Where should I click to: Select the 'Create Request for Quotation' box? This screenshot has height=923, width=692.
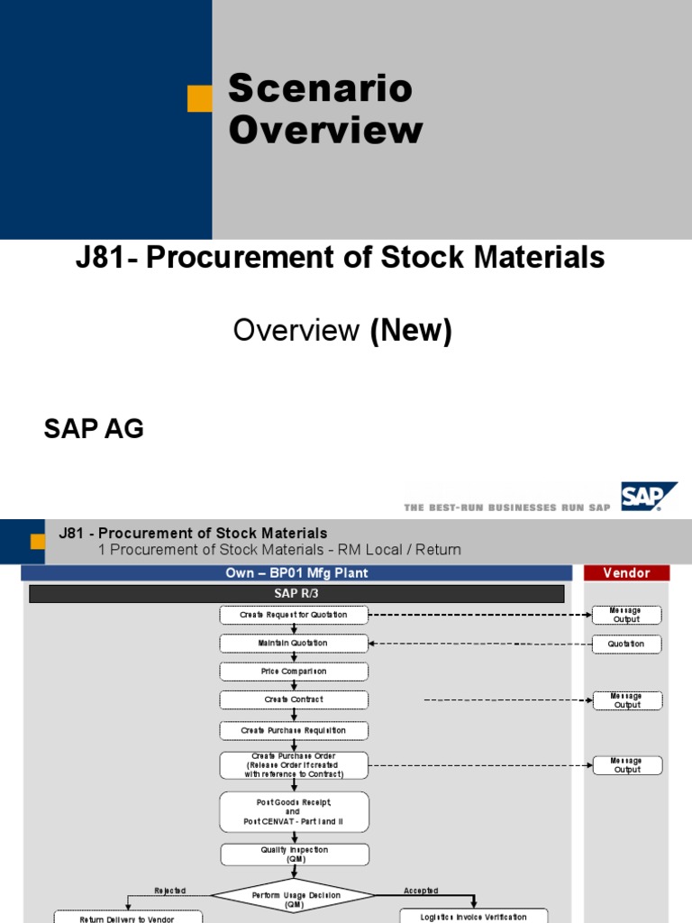[x=294, y=615]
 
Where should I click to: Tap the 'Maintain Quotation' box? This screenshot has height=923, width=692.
[x=294, y=643]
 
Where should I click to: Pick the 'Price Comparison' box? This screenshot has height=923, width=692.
[x=294, y=671]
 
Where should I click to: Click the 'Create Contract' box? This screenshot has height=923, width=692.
[x=294, y=699]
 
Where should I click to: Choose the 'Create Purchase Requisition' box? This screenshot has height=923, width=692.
[x=294, y=730]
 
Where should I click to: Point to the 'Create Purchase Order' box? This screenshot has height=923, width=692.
[x=294, y=765]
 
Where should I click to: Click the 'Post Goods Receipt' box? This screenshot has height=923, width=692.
[x=294, y=812]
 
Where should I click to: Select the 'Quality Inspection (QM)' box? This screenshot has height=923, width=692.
[x=295, y=854]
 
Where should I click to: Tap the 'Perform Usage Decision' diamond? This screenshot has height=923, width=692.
[x=293, y=896]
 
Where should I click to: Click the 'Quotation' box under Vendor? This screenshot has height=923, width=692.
[x=626, y=644]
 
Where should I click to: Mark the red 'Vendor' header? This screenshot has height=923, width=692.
[x=626, y=572]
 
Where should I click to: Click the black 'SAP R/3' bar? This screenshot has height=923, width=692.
[x=296, y=593]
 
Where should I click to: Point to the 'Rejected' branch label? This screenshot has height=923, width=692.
[x=170, y=891]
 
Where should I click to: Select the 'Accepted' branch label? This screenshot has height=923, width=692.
[x=421, y=891]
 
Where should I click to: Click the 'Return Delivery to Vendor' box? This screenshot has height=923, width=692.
[x=128, y=918]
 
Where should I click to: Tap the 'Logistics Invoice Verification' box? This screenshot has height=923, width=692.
[x=474, y=917]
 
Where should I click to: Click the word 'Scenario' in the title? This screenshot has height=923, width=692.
[x=321, y=87]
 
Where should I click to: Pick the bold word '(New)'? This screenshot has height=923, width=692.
[x=411, y=330]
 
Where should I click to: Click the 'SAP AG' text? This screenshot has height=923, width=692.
[x=94, y=428]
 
